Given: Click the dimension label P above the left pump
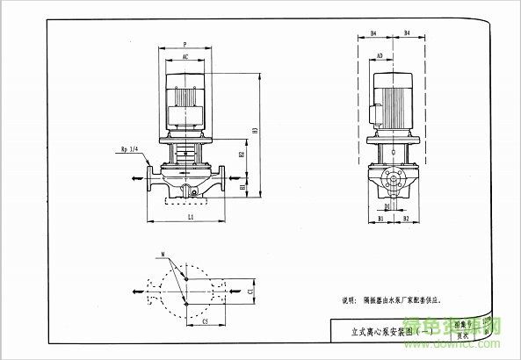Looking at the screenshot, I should pyautogui.click(x=185, y=43).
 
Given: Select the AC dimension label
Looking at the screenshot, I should pyautogui.click(x=185, y=57).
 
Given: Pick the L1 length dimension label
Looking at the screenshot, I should pyautogui.click(x=191, y=214).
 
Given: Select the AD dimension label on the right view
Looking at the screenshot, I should pyautogui.click(x=380, y=56).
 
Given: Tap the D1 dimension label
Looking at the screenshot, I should pyautogui.click(x=387, y=206).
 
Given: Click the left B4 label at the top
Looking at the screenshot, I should pyautogui.click(x=373, y=33).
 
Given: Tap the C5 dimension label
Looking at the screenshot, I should pyautogui.click(x=205, y=321).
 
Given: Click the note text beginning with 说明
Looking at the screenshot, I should pyautogui.click(x=395, y=300).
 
